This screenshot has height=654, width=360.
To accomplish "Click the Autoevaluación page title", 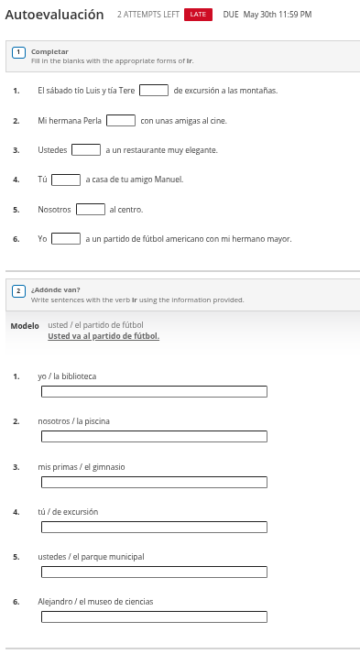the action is (54, 15).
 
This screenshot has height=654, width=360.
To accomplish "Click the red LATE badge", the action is (197, 15).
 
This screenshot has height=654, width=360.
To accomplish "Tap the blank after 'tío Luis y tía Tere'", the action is (154, 90).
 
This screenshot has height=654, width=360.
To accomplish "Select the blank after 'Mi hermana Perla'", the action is (121, 120).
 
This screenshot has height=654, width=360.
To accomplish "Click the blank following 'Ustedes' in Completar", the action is (86, 149).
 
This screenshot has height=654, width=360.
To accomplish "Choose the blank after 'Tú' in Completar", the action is (66, 180).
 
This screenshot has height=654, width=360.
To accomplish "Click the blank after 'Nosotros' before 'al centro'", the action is (91, 209).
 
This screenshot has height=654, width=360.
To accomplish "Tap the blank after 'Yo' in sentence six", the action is (66, 239).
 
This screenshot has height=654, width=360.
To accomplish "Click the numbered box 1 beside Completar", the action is (18, 53).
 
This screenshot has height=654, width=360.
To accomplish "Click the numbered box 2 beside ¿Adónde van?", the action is (18, 290).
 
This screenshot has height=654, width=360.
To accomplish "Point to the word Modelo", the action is (25, 325).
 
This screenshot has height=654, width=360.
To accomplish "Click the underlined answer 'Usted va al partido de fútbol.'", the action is (104, 336).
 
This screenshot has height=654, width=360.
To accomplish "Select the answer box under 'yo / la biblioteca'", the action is (154, 392).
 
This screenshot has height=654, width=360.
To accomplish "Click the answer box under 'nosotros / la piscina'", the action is (154, 437).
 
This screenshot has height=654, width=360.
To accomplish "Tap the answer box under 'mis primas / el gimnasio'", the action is (154, 482).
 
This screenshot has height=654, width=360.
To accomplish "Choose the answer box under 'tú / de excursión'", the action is (154, 527).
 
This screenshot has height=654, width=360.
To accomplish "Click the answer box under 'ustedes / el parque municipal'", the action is (154, 572).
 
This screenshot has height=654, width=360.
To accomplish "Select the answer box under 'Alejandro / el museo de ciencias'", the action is (154, 616).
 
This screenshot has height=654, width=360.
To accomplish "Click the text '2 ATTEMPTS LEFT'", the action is (147, 15).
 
